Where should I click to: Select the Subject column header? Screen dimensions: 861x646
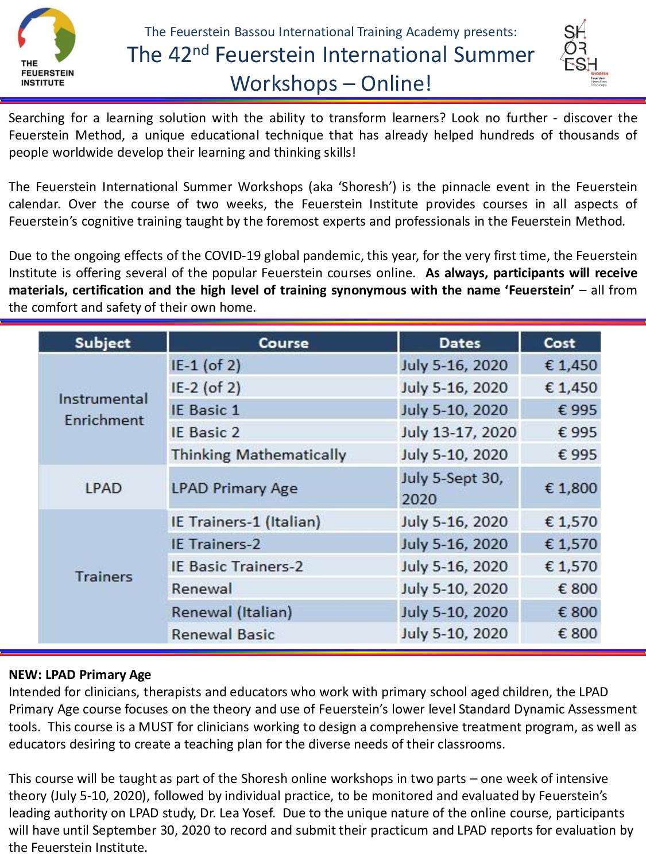103,343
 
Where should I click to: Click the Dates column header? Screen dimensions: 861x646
459,343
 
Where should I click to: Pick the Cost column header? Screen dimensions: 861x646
560,343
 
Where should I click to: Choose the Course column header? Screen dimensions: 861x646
283,343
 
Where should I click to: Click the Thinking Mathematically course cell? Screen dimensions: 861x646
258,455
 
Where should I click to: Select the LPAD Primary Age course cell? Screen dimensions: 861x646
234,488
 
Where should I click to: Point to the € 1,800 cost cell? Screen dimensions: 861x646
570,488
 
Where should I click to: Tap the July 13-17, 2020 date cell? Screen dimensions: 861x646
459,432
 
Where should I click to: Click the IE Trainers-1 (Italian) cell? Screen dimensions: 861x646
246,522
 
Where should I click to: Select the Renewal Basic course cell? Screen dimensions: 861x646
223,634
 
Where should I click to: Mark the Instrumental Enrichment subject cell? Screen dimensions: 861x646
103,409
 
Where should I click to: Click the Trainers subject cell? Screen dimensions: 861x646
103,576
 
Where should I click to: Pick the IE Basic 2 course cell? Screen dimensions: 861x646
206,432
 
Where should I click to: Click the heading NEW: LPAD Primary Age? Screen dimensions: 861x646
80,674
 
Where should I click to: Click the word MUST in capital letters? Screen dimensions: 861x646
154,727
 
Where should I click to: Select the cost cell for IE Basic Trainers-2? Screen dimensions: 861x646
570,567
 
